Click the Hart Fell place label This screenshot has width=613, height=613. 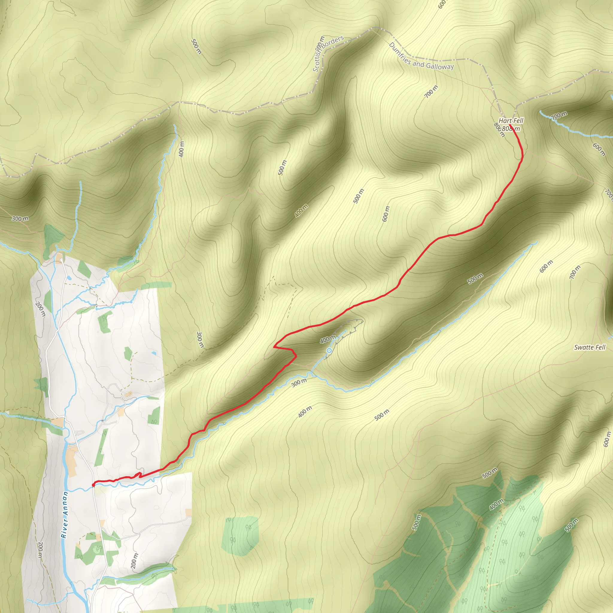(511, 121)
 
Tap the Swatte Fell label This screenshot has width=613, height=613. (590, 348)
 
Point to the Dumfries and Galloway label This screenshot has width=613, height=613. (421, 57)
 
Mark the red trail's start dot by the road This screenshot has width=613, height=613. (94, 485)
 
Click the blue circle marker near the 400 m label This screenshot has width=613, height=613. (329, 350)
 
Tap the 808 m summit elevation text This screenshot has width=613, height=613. (511, 128)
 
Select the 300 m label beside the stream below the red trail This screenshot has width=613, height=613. (299, 383)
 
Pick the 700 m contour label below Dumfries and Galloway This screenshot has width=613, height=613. (431, 91)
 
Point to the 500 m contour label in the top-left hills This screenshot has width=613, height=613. (196, 46)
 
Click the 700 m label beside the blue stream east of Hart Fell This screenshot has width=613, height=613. (559, 116)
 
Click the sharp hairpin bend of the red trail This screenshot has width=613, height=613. (274, 347)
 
